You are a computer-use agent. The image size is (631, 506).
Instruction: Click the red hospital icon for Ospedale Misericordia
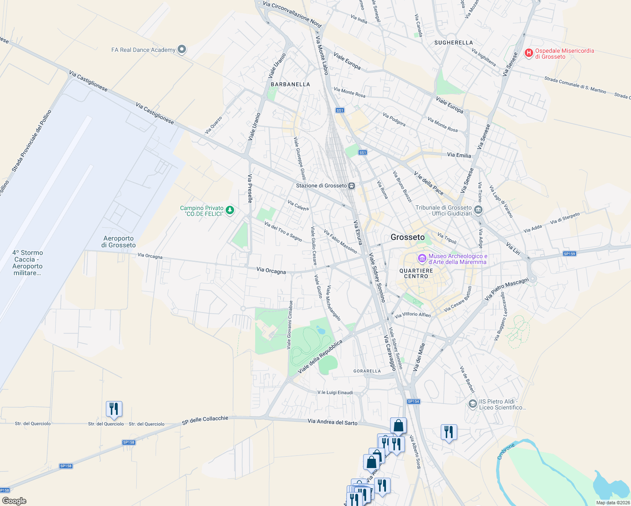tap(529, 53)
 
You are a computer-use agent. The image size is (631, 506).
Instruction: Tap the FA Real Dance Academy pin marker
tap(182, 50)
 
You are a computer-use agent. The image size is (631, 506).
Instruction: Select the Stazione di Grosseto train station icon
tap(351, 186)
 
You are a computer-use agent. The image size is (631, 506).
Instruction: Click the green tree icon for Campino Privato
tap(230, 210)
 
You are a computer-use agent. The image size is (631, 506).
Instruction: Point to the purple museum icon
tap(422, 258)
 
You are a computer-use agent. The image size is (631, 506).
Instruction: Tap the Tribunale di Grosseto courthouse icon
tap(478, 210)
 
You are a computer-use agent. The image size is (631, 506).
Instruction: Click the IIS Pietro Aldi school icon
tap(473, 404)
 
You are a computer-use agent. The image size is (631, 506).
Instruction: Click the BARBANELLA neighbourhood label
tap(290, 84)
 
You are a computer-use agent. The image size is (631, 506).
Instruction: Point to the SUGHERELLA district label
tap(453, 43)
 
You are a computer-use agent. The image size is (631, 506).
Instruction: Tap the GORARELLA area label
tap(367, 371)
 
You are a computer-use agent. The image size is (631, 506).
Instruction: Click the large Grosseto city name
tap(407, 237)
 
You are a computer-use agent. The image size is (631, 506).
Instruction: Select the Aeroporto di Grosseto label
tap(119, 242)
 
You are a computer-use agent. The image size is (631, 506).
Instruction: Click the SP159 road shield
tap(569, 254)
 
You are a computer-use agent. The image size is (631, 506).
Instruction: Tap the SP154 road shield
tap(413, 401)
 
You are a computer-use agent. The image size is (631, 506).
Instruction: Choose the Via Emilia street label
tap(459, 155)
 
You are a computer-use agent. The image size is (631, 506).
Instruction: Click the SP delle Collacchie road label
tap(205, 420)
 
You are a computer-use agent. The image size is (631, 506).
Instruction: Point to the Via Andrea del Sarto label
tap(332, 422)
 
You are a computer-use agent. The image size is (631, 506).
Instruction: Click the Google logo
tap(14, 501)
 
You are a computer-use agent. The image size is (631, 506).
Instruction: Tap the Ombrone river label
tap(506, 451)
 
